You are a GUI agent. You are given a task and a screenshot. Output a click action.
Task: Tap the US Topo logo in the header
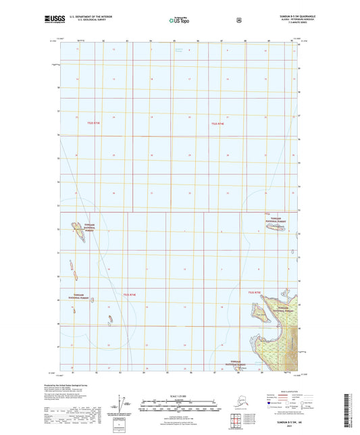(x=179, y=21)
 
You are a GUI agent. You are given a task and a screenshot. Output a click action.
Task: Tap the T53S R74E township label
(x=130, y=293)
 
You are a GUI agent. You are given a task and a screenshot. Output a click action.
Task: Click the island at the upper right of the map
(x=275, y=228)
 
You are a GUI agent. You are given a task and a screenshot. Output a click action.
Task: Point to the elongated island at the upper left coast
(x=76, y=234)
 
